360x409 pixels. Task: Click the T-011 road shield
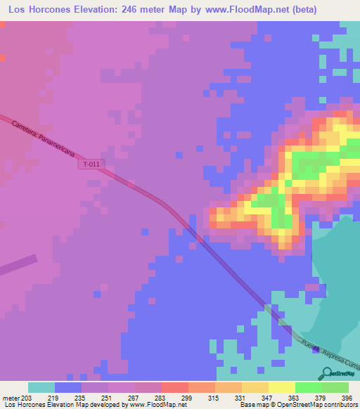(91, 164)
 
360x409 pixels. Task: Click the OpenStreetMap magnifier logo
(328, 375)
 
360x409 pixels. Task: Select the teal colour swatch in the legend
(41, 387)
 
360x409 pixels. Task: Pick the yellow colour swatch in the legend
(281, 387)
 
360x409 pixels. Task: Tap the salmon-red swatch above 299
(174, 387)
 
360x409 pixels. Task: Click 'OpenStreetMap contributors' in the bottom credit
(320, 405)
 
